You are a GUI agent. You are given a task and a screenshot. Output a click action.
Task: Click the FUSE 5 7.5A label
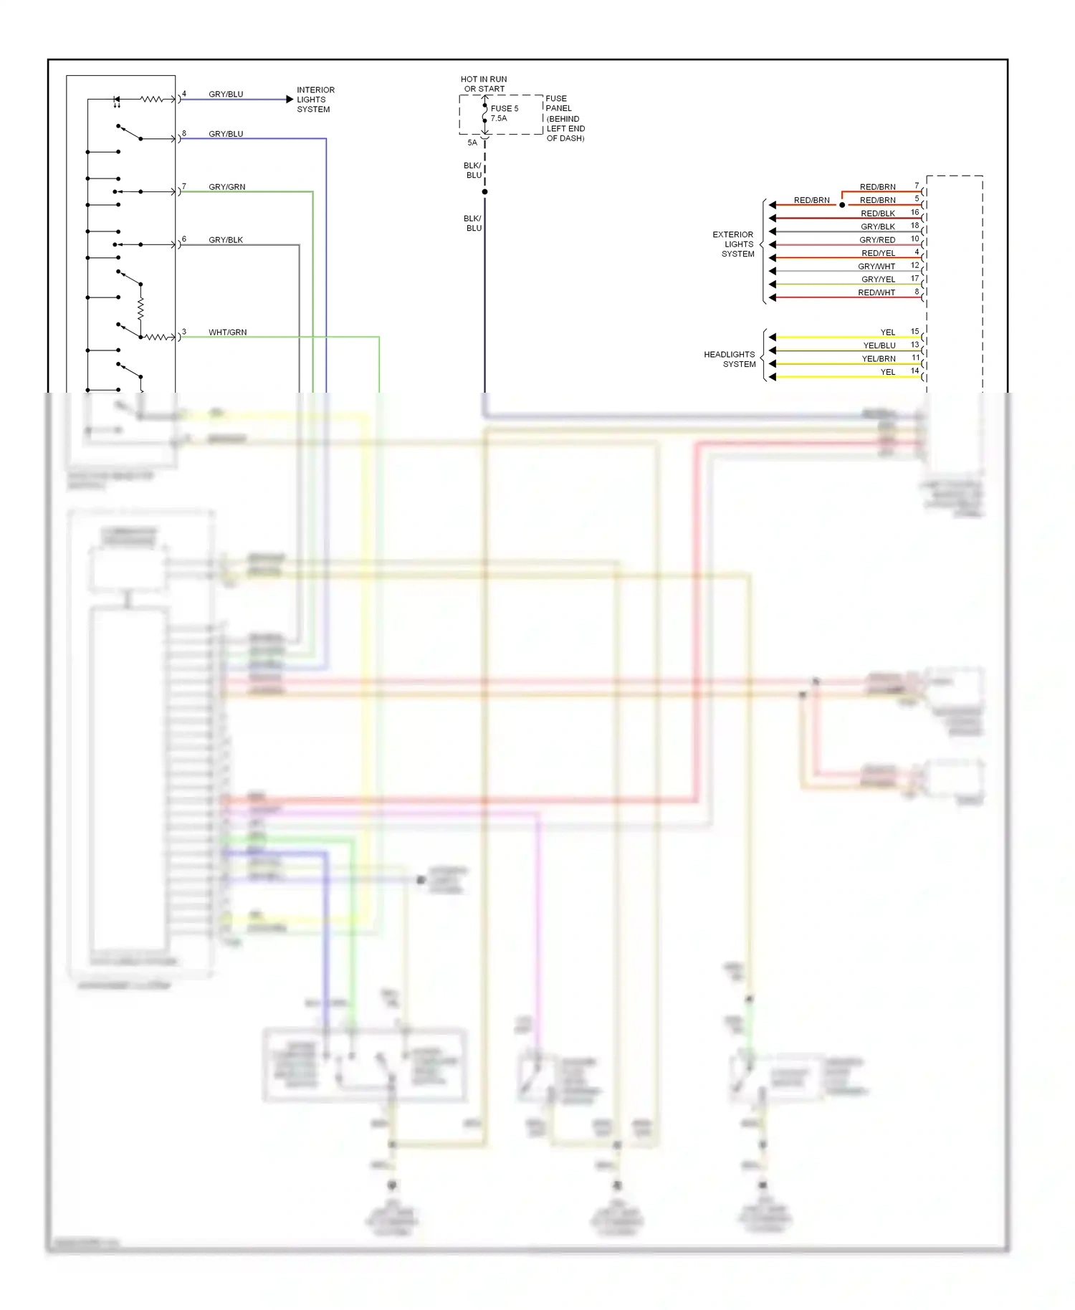tap(504, 113)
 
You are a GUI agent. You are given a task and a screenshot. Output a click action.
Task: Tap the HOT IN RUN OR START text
tap(484, 84)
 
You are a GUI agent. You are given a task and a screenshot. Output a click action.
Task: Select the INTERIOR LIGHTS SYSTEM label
tap(315, 100)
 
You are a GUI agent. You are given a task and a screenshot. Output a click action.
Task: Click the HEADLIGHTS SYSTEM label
tap(730, 359)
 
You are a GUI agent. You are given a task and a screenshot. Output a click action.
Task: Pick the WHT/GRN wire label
tap(227, 333)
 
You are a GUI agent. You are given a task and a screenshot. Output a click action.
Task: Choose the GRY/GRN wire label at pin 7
tap(226, 187)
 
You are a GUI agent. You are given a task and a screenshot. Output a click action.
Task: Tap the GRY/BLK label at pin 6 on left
tap(226, 240)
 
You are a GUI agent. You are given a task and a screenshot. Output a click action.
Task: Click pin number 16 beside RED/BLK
tap(914, 212)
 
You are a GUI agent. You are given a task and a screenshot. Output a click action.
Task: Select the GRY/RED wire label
tap(877, 240)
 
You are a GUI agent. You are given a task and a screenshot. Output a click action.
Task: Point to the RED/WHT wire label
tap(876, 292)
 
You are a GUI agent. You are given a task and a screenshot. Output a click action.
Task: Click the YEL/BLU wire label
tap(879, 345)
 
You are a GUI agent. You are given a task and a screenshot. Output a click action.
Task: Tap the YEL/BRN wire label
tap(879, 359)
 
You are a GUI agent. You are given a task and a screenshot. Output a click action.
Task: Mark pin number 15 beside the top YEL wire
tap(914, 331)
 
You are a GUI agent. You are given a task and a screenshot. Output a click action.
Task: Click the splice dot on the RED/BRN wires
tap(842, 205)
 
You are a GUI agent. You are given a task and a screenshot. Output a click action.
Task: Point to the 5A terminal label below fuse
tap(472, 143)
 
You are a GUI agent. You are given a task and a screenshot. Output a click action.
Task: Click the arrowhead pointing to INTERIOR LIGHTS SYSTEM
tap(290, 100)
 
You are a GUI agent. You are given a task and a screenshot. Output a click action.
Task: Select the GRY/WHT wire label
tap(876, 267)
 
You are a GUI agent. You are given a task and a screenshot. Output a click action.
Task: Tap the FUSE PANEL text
tap(558, 103)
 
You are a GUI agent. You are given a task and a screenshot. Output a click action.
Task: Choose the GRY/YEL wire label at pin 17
tap(878, 279)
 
